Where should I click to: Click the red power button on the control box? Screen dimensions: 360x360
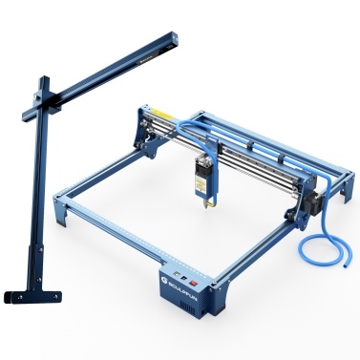pyautogui.click(x=197, y=284)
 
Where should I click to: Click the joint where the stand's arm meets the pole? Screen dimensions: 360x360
pyautogui.click(x=43, y=102)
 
